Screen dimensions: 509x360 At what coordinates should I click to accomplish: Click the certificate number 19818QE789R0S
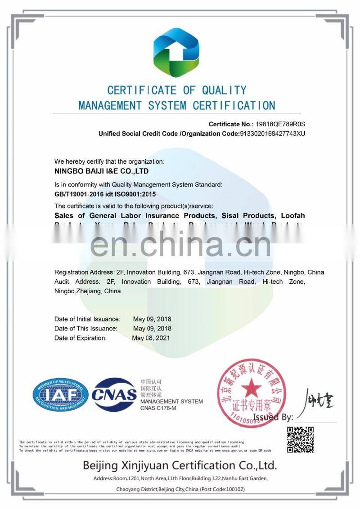(x=279, y=124)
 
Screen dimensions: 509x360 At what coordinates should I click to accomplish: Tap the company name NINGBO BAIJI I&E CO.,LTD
(x=101, y=171)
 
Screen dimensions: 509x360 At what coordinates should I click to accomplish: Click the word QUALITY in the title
(x=224, y=90)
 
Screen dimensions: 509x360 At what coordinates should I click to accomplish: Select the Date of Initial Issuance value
(x=152, y=319)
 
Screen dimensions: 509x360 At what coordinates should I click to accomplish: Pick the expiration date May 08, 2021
(x=152, y=338)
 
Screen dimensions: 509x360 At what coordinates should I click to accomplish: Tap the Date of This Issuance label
(x=86, y=328)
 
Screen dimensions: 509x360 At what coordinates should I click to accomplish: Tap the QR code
(x=300, y=439)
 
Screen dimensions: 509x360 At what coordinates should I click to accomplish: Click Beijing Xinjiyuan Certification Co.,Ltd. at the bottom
(x=180, y=465)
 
